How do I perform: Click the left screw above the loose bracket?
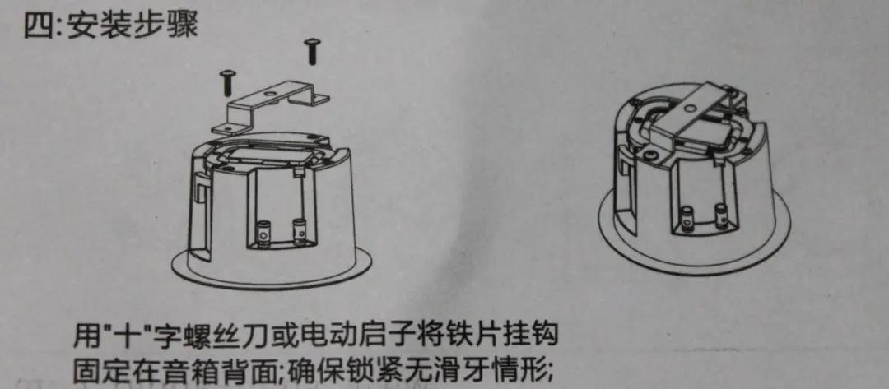[226, 82]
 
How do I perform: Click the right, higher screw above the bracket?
[313, 51]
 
